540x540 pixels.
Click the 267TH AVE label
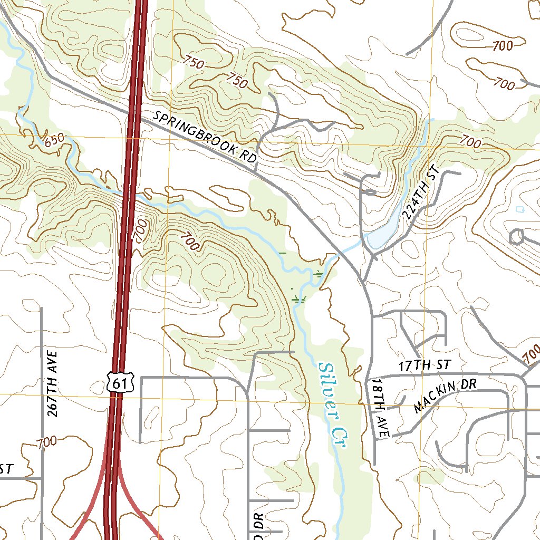click(53, 382)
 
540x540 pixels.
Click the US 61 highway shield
click(120, 382)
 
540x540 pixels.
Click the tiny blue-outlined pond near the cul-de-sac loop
click(520, 209)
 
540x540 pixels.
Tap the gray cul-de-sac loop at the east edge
click(517, 236)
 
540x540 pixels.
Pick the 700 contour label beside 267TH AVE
click(47, 443)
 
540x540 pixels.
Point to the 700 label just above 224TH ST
click(470, 141)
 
